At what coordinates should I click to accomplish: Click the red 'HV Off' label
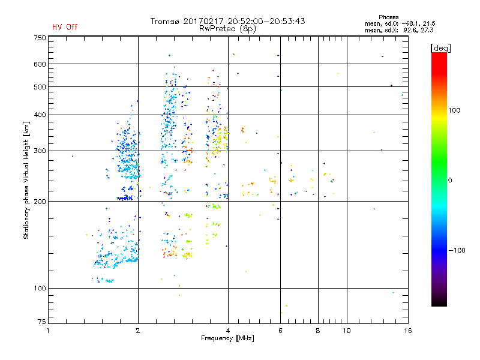65,27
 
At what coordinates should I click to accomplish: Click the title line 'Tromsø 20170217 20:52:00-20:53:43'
228,21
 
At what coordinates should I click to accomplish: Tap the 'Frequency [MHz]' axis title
228,339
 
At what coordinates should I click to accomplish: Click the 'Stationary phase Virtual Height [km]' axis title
26,180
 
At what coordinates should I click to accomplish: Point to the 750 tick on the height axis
40,37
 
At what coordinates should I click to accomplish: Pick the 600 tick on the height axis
40,64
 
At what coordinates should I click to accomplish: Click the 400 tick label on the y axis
40,115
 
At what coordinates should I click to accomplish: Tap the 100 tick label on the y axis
40,288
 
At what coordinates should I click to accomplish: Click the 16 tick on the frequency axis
407,330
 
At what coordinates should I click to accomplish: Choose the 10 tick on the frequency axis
346,330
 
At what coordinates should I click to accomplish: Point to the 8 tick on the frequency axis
318,330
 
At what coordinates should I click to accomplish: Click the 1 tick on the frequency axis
49,330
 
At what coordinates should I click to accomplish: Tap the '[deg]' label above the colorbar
441,47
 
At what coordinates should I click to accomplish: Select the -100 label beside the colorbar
457,250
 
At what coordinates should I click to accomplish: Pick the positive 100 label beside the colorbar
455,110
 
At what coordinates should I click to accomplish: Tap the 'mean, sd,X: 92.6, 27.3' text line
399,29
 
